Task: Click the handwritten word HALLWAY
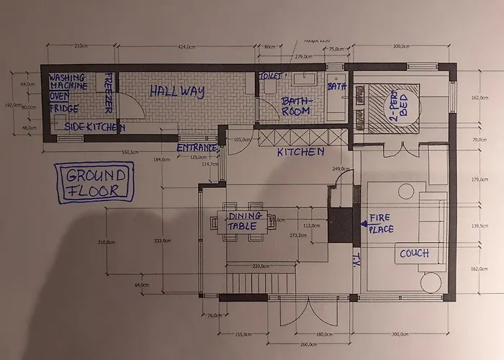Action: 177,92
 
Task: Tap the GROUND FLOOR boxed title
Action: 96,183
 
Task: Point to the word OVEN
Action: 59,96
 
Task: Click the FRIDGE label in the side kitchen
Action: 64,109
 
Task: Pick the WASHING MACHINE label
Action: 68,81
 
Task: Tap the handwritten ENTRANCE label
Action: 197,148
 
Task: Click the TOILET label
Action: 270,75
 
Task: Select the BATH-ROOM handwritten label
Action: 295,106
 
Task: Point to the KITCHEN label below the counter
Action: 300,153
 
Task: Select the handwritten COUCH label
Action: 414,253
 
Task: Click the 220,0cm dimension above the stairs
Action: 261,266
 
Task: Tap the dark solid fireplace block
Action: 340,224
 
